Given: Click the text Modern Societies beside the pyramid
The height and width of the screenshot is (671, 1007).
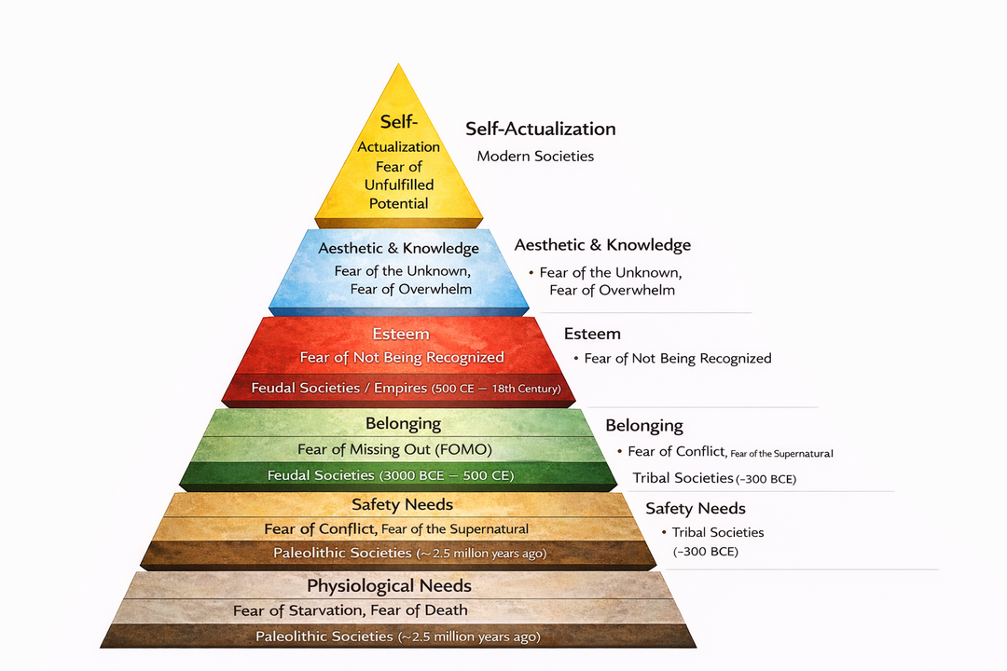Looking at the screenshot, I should [535, 156].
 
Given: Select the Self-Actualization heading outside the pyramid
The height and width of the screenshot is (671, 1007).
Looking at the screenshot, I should [540, 129].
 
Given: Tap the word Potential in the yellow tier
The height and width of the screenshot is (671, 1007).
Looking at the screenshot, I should [398, 203].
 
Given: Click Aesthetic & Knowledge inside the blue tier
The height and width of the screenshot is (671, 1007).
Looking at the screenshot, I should [398, 248].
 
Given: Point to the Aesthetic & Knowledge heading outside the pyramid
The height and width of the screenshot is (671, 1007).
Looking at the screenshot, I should [602, 245].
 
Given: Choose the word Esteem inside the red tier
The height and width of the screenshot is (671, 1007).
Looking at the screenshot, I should [401, 334].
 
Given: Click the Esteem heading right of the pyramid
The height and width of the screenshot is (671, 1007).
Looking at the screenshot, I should [592, 334].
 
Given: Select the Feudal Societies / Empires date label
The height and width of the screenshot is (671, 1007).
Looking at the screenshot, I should [406, 388].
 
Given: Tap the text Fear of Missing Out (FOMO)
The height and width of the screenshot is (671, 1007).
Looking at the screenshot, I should [394, 449].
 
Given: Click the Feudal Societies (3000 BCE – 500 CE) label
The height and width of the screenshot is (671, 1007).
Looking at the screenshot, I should [391, 475].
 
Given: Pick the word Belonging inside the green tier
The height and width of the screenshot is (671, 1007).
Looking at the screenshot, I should [403, 423].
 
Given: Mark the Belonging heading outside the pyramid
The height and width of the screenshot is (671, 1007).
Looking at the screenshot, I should [644, 426].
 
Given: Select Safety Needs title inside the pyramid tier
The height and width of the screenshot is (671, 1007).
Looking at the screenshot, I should [402, 504].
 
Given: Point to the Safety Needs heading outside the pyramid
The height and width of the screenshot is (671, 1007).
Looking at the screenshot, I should [696, 508].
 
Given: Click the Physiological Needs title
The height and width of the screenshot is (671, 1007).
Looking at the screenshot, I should [389, 586].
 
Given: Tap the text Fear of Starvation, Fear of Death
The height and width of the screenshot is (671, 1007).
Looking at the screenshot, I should [350, 610].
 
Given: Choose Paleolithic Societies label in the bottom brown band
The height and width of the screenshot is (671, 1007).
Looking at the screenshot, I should [398, 637].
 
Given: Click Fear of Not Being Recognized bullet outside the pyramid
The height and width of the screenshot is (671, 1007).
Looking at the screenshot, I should [678, 358].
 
